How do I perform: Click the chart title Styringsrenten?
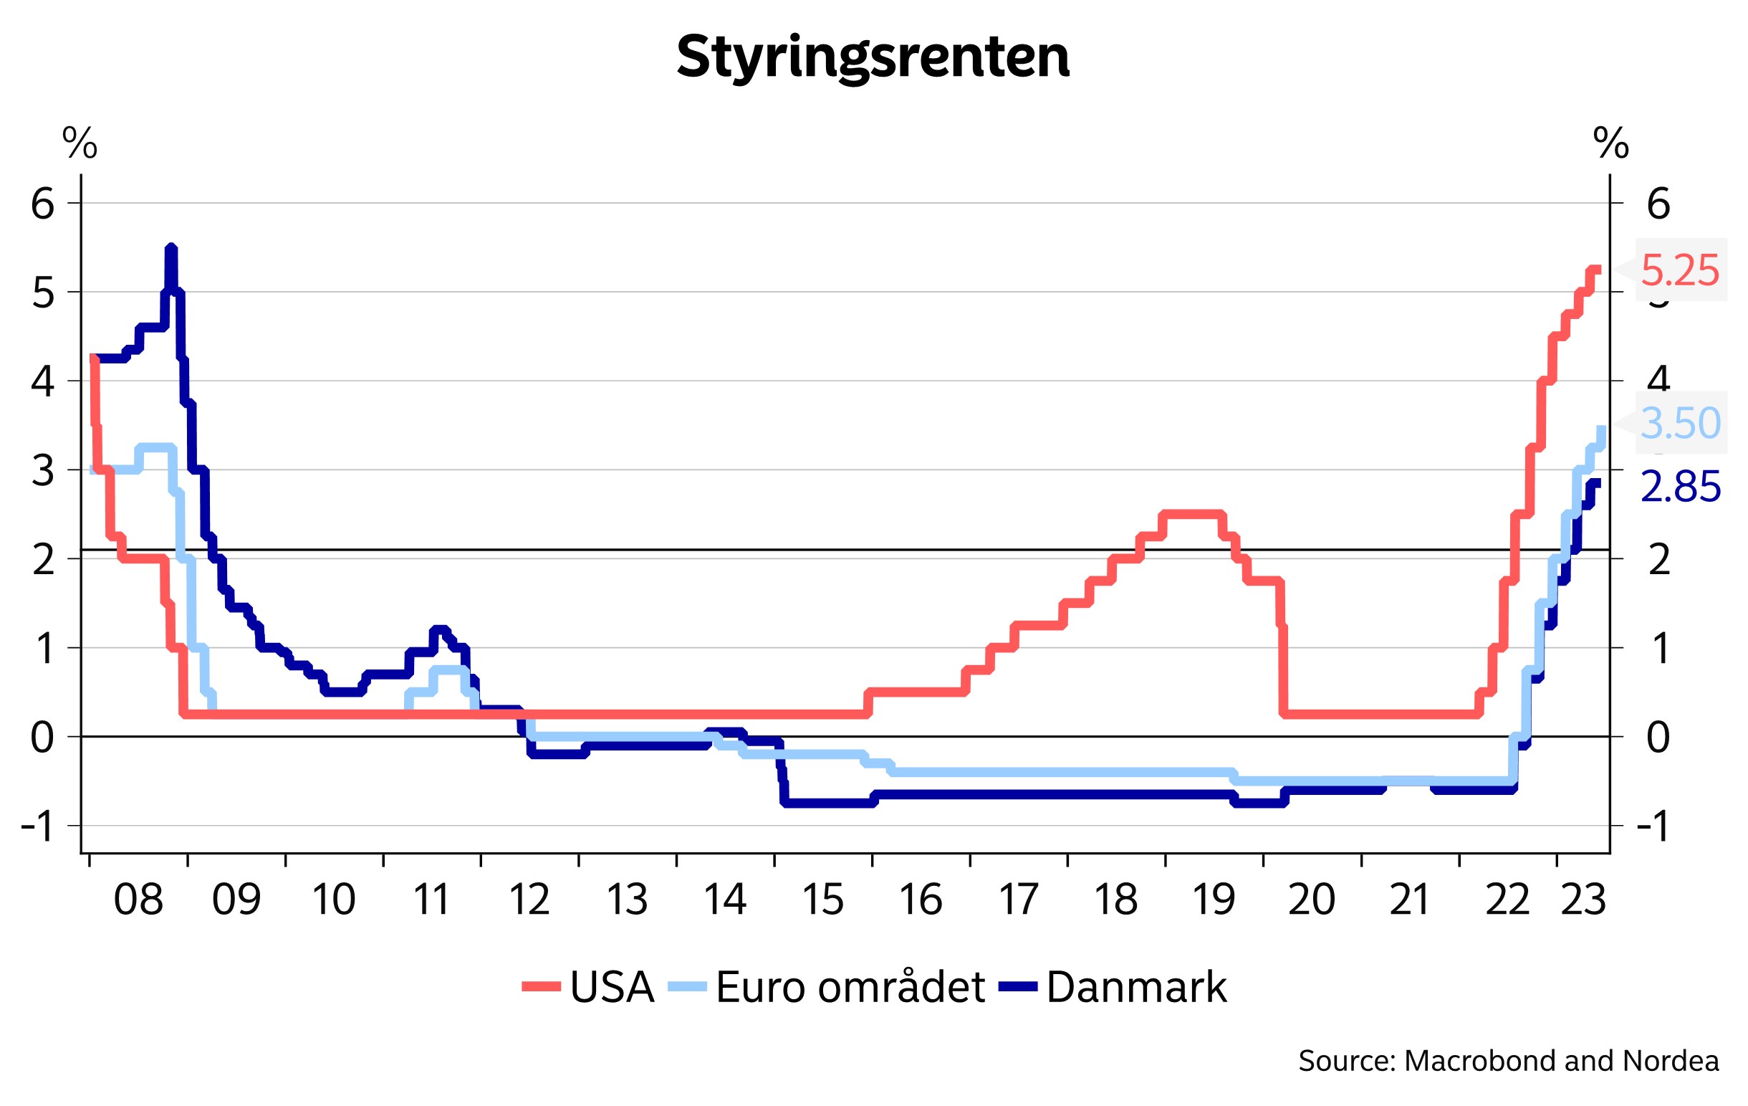point(873,57)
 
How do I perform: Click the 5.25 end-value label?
point(1679,270)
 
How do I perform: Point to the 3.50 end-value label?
point(1680,423)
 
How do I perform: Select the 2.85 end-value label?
point(1680,487)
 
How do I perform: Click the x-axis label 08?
point(138,900)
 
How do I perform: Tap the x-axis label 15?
point(822,900)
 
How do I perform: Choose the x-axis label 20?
point(1311,900)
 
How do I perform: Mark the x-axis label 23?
point(1583,900)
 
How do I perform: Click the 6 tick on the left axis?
point(43,204)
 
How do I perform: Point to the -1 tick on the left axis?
point(38,826)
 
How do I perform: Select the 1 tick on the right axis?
point(1658,649)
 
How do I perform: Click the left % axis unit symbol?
point(79,143)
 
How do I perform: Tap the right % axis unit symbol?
point(1610,143)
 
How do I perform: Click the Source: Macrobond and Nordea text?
point(1509,1062)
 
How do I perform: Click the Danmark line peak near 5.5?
point(171,249)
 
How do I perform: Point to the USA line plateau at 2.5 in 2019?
point(1191,514)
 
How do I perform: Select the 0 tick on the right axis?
point(1658,738)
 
